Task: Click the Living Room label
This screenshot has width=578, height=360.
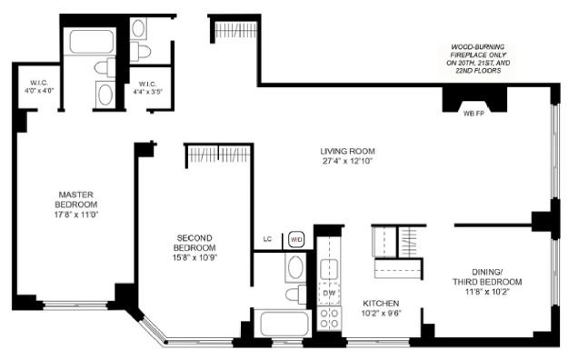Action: coord(347,151)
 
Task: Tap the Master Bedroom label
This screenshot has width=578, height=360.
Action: coord(76,200)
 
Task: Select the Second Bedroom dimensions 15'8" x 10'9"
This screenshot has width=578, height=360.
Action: coord(194,257)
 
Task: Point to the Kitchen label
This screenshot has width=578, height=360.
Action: coord(381,304)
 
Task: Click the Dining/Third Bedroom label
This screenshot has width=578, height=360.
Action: coord(487,277)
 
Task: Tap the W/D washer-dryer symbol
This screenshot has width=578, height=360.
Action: coord(296,240)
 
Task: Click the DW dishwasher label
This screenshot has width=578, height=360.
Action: coord(329,294)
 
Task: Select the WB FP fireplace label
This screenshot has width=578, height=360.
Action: coord(473,114)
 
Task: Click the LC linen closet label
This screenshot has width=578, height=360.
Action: coord(267,239)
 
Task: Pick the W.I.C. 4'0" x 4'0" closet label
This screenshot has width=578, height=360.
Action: coord(39,86)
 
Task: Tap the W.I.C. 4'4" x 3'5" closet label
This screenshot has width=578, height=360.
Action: coord(148,88)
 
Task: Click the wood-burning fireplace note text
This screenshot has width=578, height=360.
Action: coord(478,59)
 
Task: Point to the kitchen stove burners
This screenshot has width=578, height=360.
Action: coord(329,318)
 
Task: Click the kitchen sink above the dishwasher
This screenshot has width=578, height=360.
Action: coord(329,269)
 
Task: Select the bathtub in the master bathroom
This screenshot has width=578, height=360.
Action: coord(92,41)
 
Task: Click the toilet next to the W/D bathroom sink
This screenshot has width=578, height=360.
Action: coord(296,294)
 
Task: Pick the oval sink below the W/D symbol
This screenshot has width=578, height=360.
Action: coord(295,267)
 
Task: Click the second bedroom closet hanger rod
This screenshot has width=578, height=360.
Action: coord(220,155)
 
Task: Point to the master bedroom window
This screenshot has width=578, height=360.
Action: coord(75,305)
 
